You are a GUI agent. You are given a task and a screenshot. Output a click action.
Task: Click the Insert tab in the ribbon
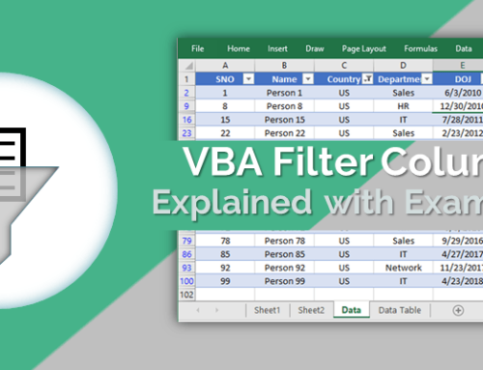(x=277, y=48)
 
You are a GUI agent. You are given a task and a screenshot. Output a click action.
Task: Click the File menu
(x=198, y=48)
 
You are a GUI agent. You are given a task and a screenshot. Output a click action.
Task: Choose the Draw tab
(x=314, y=48)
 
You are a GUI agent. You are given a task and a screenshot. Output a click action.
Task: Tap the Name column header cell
(x=285, y=78)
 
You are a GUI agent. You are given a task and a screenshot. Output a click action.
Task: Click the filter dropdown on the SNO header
(x=248, y=78)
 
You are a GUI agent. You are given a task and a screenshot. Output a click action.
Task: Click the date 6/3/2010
(x=462, y=93)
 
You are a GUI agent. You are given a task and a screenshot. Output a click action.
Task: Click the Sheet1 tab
(x=267, y=310)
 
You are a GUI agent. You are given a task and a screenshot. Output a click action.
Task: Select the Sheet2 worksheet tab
(x=311, y=310)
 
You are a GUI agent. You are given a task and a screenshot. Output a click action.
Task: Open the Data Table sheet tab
(x=399, y=310)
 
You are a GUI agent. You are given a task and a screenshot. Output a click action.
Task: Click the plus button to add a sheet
(x=458, y=310)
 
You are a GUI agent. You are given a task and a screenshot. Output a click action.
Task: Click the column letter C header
(x=345, y=65)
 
